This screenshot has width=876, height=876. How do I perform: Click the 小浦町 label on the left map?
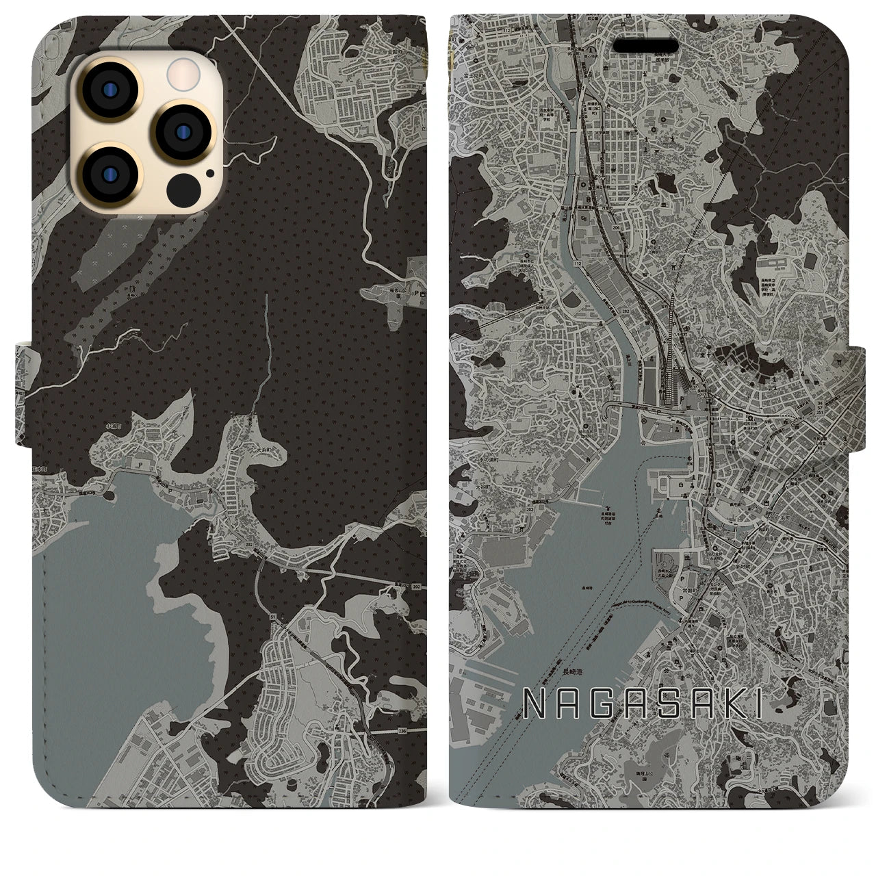click(x=114, y=425)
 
